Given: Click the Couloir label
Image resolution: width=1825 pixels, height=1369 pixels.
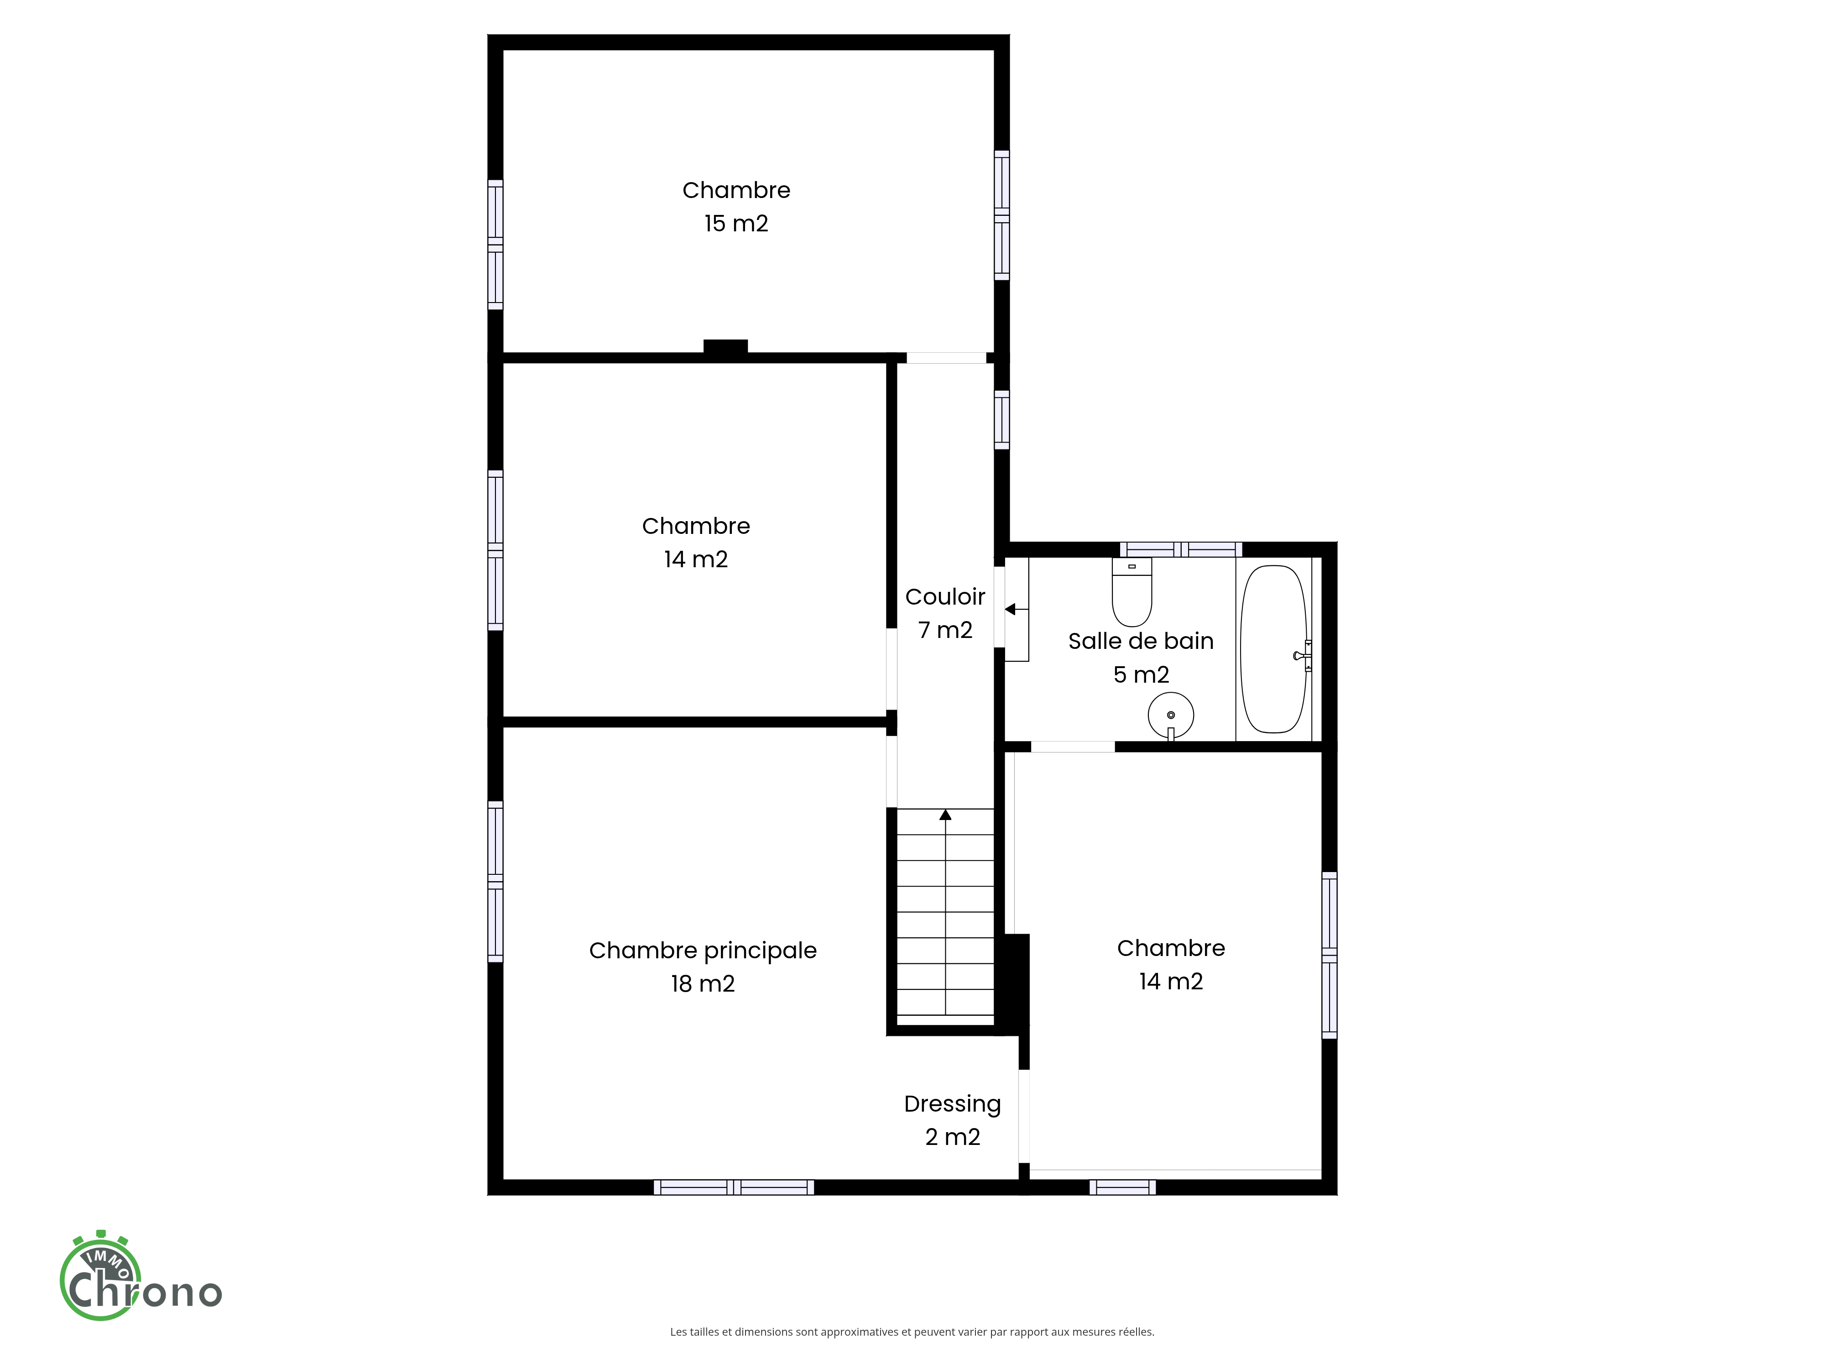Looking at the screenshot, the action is pos(945,596).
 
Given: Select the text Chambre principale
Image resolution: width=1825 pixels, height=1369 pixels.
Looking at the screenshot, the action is pos(703,951).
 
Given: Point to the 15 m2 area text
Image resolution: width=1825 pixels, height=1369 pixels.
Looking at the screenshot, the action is pos(736,224).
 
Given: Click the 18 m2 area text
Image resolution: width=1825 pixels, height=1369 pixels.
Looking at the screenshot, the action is pos(703,984).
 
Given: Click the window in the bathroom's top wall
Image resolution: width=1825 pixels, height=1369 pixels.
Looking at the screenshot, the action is pos(1181,549).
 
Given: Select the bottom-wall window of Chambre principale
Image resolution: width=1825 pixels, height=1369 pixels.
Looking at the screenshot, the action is pos(734,1187).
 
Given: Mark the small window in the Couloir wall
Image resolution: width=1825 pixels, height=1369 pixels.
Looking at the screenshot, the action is pos(1001,419).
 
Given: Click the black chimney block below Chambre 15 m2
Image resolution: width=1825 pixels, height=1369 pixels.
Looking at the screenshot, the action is pos(725,347).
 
